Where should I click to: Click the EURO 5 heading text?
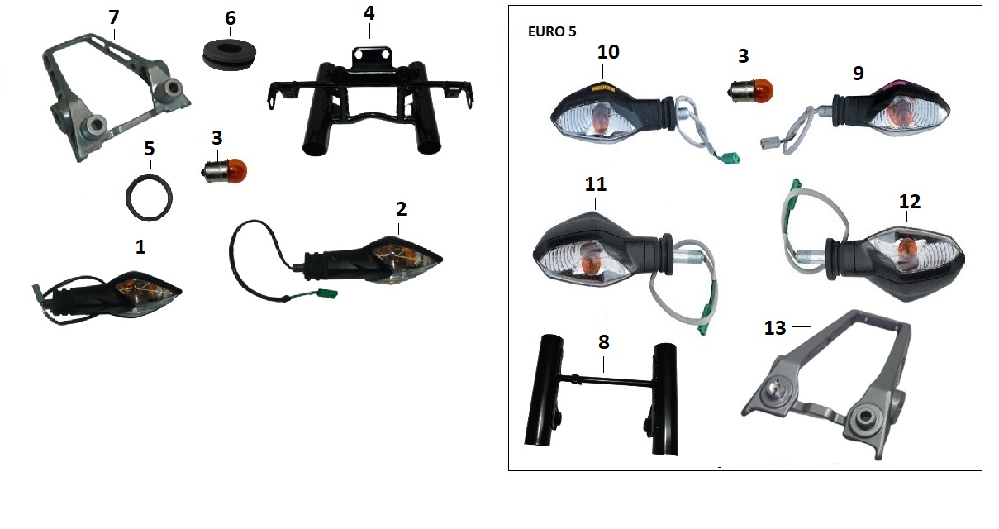click(552, 31)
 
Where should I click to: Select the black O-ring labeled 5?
click(149, 198)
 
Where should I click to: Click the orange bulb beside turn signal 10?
click(750, 91)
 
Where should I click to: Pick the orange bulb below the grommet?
click(224, 171)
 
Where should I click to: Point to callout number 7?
click(114, 17)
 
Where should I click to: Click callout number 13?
click(775, 328)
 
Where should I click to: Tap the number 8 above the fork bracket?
click(603, 342)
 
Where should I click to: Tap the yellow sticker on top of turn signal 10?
click(603, 88)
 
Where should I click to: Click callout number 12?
click(910, 202)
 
